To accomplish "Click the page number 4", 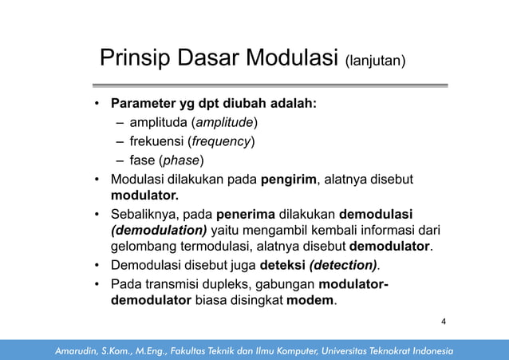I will point(444,322).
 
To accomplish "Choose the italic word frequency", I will point(220,141).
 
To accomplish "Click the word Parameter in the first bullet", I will point(140,104).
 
